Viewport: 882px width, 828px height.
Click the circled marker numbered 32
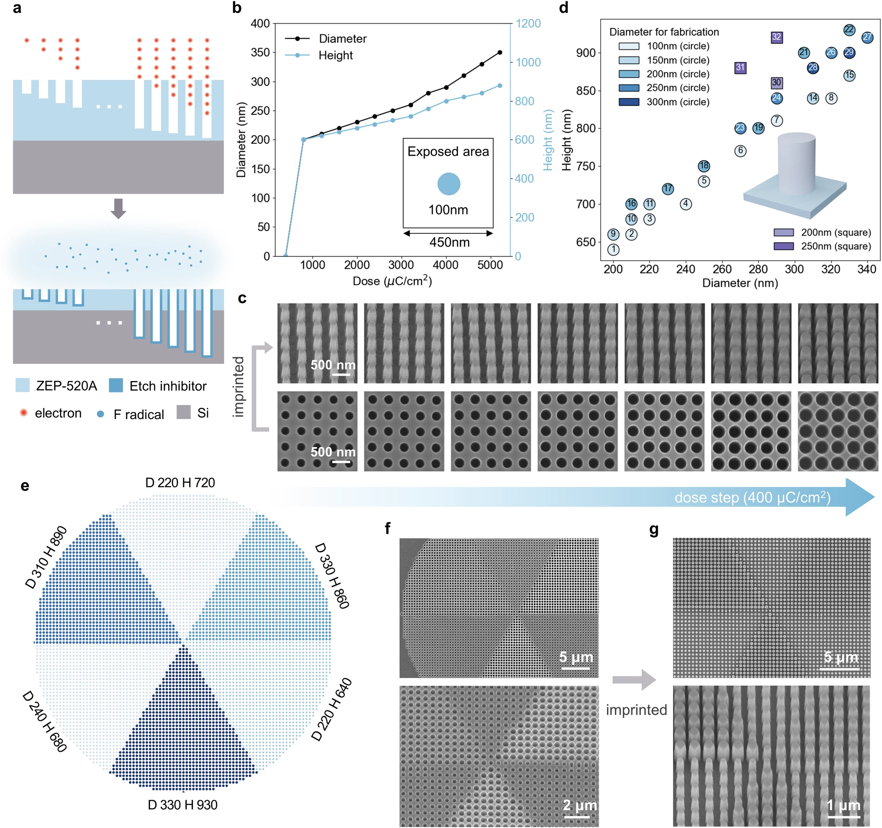(776, 37)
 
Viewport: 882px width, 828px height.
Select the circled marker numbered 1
(613, 249)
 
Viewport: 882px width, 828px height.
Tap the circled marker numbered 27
(867, 37)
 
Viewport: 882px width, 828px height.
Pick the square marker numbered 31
(740, 67)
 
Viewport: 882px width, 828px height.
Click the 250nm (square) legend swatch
(784, 246)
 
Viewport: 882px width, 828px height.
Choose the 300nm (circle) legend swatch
(629, 101)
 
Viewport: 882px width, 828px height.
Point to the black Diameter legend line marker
(297, 39)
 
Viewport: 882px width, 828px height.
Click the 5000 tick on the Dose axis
(490, 265)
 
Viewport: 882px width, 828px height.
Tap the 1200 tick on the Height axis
(528, 23)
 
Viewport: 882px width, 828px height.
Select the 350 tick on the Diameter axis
(260, 52)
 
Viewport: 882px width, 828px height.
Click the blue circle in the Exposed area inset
(448, 184)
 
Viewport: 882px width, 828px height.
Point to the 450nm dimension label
(449, 242)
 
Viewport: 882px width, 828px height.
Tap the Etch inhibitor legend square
(116, 385)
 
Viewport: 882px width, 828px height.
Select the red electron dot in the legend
(23, 413)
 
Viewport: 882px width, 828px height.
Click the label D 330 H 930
(182, 805)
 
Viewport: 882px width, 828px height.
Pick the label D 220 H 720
(180, 482)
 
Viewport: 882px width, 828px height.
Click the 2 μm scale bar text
(579, 805)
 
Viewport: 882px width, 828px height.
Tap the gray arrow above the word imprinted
(634, 679)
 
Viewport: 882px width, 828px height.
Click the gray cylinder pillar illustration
(796, 164)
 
